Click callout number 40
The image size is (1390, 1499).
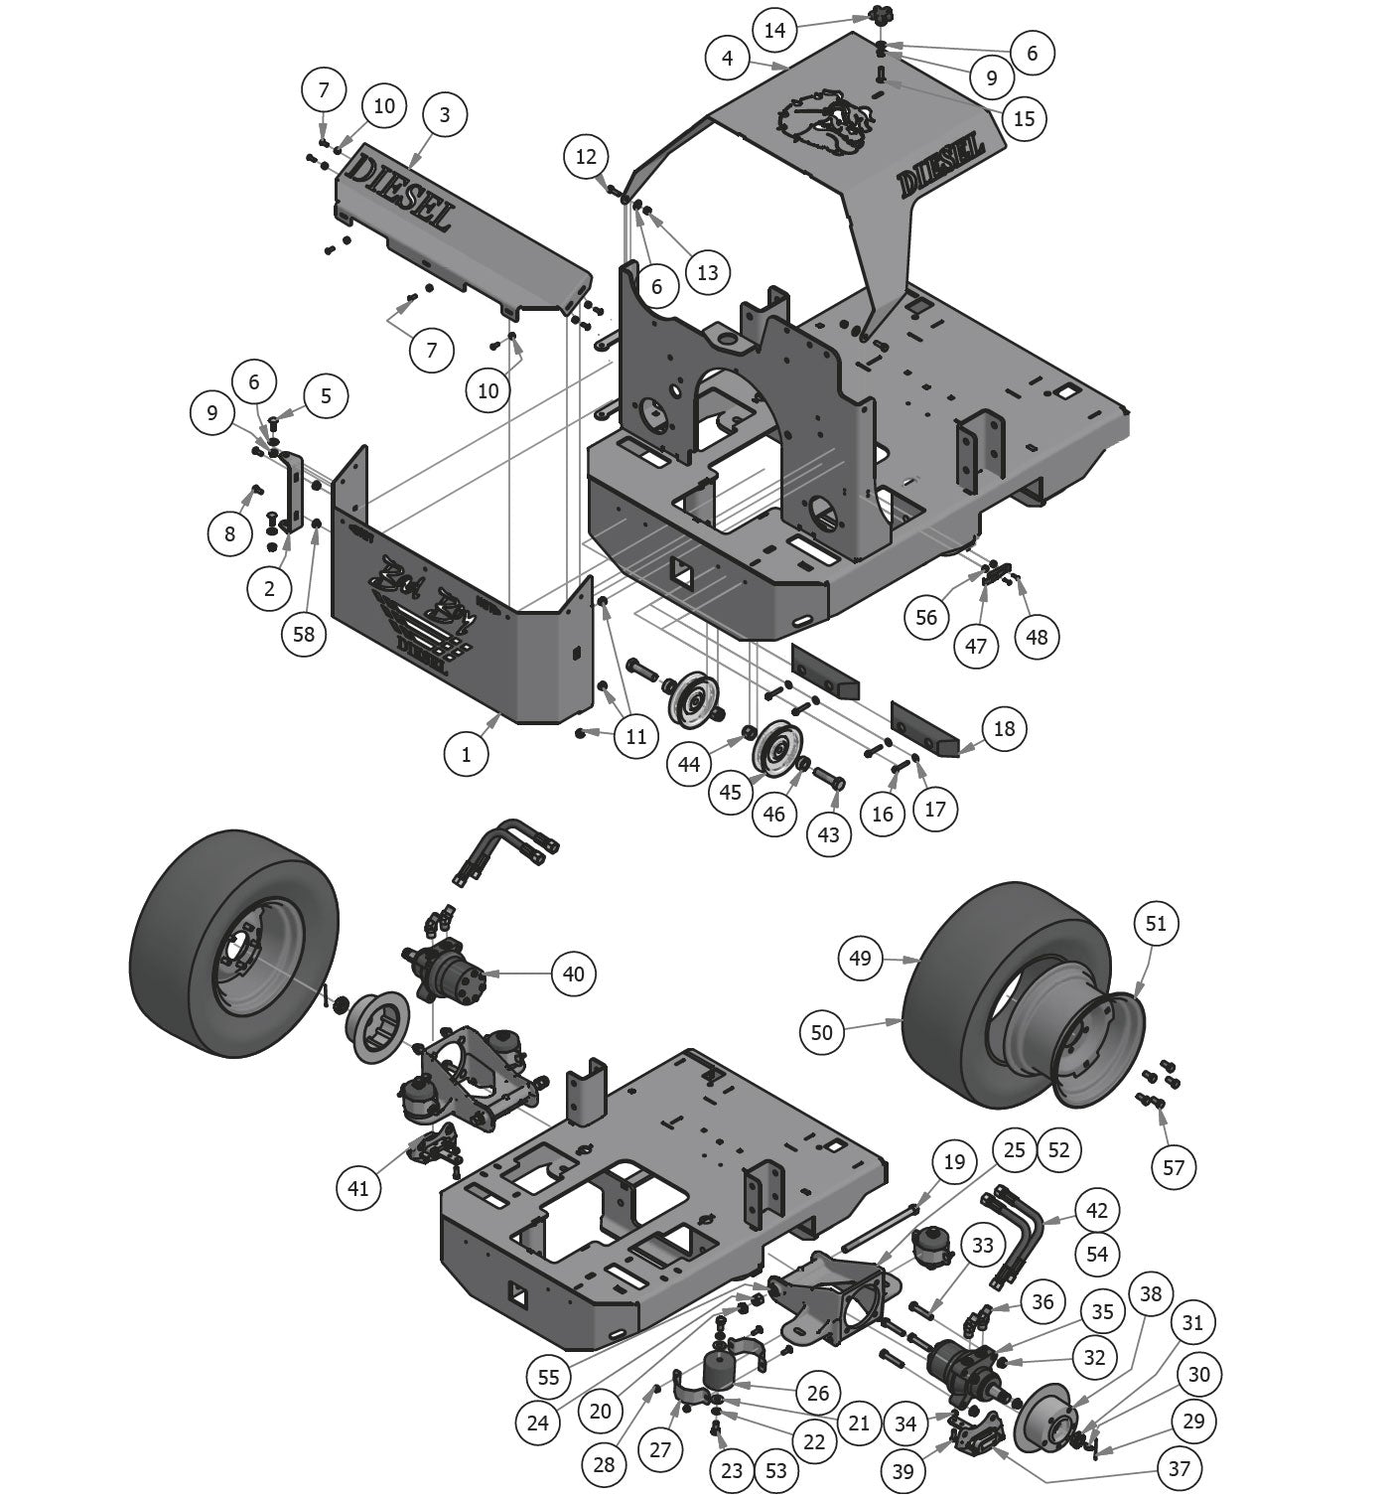574,974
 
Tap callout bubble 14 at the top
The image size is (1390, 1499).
774,30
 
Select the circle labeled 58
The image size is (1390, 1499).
304,633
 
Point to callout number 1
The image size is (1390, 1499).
467,754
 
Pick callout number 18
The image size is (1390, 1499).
1004,728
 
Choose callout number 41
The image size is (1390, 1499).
359,1187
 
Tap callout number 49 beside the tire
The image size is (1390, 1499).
860,958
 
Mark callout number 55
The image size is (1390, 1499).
548,1377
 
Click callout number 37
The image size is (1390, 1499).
1180,1467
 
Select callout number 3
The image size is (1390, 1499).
444,114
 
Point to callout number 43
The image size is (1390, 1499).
829,834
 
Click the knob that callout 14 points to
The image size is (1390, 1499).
880,16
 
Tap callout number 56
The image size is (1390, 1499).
925,617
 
